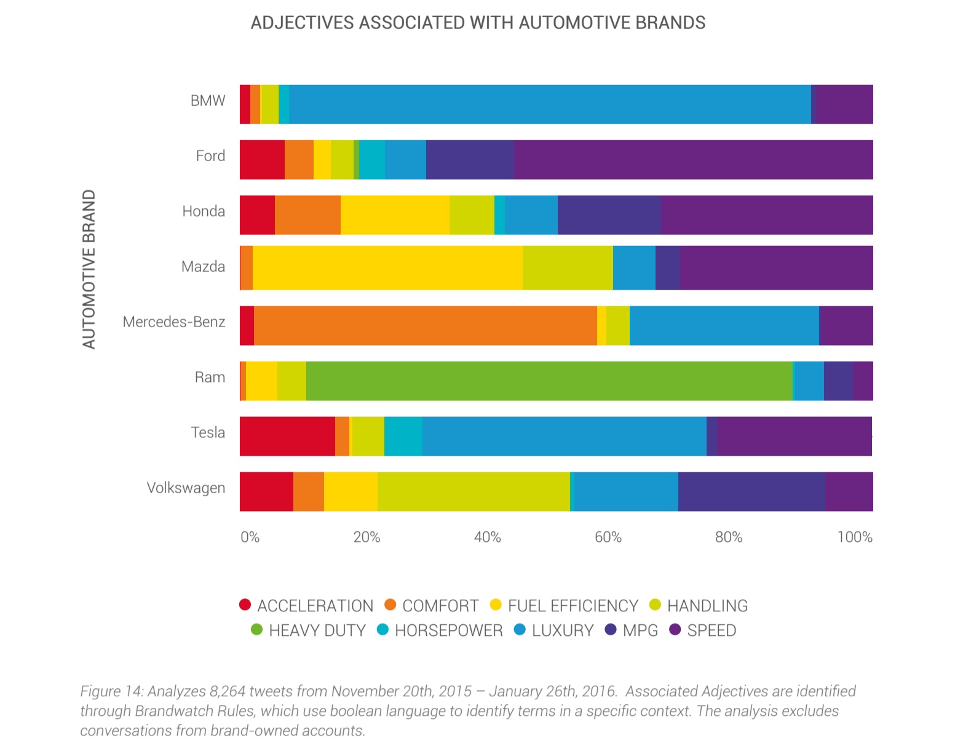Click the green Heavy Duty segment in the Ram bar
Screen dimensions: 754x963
tap(549, 381)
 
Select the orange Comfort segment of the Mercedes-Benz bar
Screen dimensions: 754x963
tap(425, 325)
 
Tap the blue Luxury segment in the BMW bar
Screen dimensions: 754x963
tap(549, 104)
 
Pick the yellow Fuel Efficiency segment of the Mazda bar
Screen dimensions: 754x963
tap(387, 268)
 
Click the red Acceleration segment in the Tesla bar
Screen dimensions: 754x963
tap(287, 436)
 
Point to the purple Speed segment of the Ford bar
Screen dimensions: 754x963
tap(693, 159)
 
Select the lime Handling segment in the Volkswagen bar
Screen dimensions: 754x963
tap(474, 491)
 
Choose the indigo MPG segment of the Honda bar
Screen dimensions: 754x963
tap(609, 215)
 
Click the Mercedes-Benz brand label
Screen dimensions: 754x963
tap(174, 322)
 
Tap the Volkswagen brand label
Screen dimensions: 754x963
tap(186, 488)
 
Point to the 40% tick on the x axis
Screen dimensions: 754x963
tap(487, 537)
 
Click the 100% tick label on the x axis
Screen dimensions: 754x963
tap(854, 537)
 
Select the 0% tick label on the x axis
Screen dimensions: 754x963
tap(250, 537)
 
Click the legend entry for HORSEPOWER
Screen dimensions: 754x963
tap(448, 630)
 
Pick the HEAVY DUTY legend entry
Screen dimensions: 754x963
tap(317, 630)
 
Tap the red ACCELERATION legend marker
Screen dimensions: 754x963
tap(245, 605)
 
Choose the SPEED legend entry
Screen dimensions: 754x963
tap(711, 630)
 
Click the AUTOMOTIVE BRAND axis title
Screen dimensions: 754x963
tap(89, 269)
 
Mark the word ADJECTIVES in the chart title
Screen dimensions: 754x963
tap(302, 23)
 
